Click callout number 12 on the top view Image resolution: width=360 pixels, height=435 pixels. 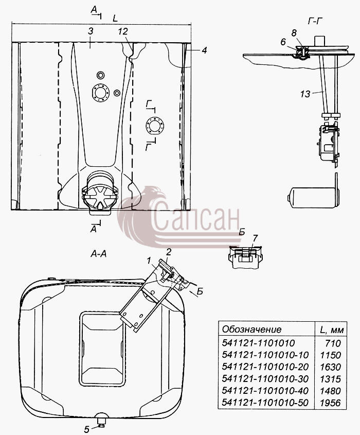pos(122,31)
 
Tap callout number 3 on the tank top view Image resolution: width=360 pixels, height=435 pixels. pos(91,31)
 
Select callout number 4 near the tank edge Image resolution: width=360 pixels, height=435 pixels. pos(204,50)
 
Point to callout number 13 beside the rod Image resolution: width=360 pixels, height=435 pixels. pos(305,94)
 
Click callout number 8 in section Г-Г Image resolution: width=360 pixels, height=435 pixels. pos(294,33)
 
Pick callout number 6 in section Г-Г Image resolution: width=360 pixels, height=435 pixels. pos(283,42)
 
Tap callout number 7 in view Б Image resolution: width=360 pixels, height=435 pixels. pos(255,238)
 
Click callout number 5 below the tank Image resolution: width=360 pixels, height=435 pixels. pos(87,429)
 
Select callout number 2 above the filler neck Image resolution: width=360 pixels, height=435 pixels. pos(169,252)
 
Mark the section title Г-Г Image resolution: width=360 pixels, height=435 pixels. pos(315,21)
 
